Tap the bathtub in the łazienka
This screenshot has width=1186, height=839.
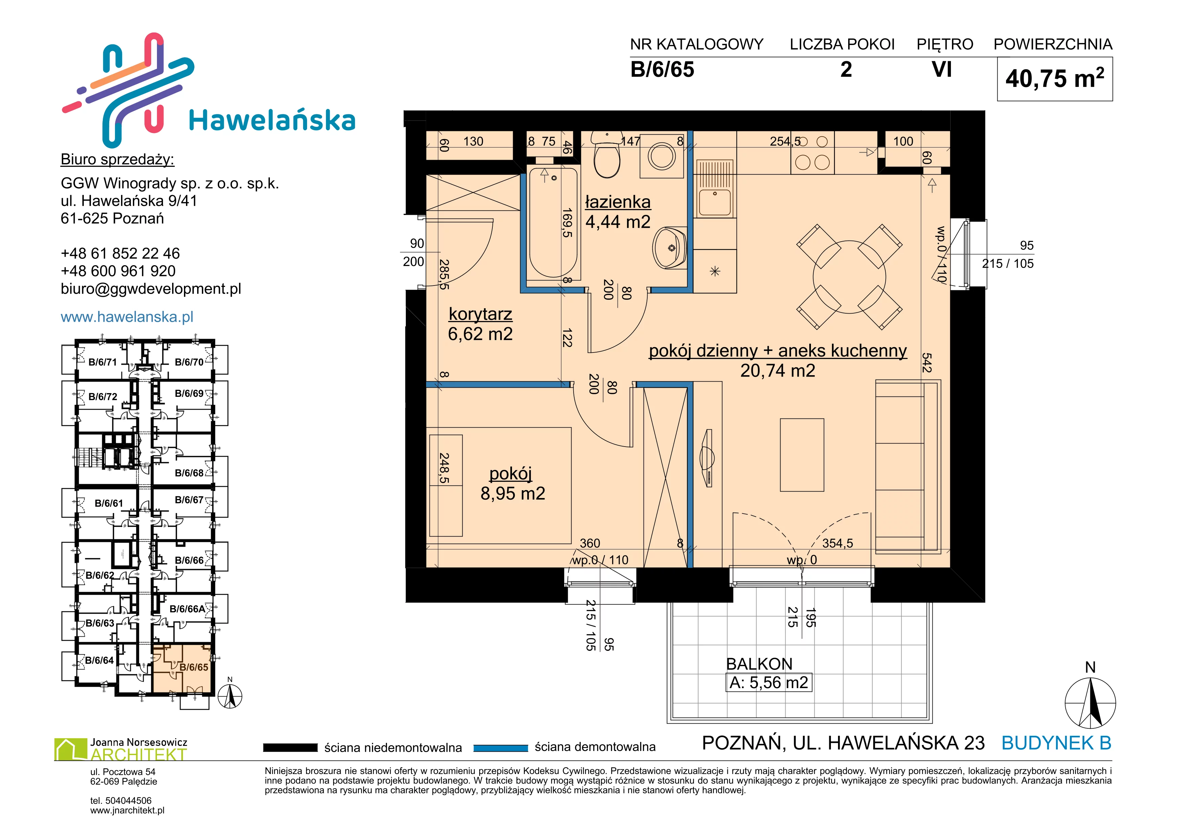[553, 223]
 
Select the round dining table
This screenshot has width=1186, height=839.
[849, 277]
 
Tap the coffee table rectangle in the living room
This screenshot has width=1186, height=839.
[802, 455]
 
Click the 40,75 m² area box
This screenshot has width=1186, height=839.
[1055, 79]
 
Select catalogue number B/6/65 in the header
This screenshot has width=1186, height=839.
[662, 70]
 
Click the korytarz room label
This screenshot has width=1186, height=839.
[481, 314]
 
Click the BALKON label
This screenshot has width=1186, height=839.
[759, 664]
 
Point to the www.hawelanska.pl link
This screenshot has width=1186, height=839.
[127, 317]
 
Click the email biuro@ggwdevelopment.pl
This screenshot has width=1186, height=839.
[151, 289]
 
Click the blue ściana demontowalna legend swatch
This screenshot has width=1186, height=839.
[501, 748]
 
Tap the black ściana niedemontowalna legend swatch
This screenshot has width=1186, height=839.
[290, 748]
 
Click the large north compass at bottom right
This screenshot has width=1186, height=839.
[1090, 703]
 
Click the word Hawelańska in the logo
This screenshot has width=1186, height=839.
[272, 120]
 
